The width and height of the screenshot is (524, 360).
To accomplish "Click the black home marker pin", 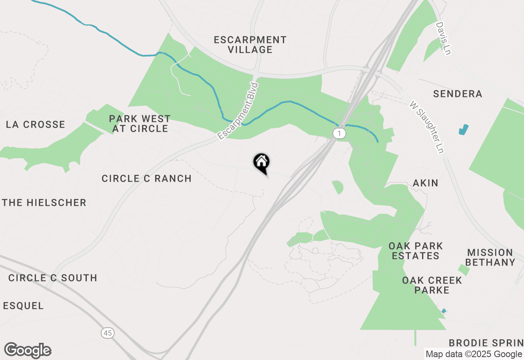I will point(261,163).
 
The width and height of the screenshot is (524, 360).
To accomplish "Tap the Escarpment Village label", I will point(250,45).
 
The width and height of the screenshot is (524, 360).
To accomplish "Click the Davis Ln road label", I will point(443,38).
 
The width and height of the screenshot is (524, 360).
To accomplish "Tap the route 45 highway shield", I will point(107,333).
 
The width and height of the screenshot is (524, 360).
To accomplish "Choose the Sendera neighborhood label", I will point(458,94).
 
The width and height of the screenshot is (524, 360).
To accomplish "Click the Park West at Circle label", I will point(139,124).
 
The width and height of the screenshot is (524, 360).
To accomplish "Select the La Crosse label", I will point(36,124).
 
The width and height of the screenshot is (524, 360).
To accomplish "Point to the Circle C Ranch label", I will point(147,178).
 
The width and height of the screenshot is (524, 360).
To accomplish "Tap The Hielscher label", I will point(44,202).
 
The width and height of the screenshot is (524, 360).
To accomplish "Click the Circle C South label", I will point(53,278).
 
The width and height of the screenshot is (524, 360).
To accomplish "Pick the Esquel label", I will point(23,306).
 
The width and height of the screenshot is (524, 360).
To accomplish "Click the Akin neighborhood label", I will point(426,183).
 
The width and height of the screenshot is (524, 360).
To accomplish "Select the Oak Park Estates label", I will point(416,251).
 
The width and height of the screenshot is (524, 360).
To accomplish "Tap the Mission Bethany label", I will point(490,257).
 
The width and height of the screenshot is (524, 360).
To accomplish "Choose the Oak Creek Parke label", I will point(432,285).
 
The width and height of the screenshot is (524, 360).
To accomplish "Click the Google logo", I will point(28,350).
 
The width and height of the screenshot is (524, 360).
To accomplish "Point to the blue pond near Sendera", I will point(463,130).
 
